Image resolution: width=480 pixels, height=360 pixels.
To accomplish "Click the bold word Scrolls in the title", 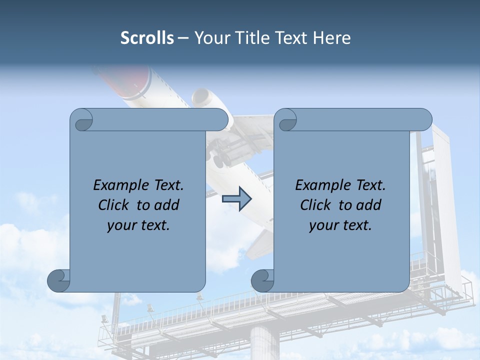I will click(147, 38).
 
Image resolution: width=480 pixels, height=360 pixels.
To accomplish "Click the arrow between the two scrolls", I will click(236, 199).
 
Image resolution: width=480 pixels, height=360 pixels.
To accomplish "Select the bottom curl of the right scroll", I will click(263, 280).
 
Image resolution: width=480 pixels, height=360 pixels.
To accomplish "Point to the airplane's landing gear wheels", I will click(220, 157).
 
